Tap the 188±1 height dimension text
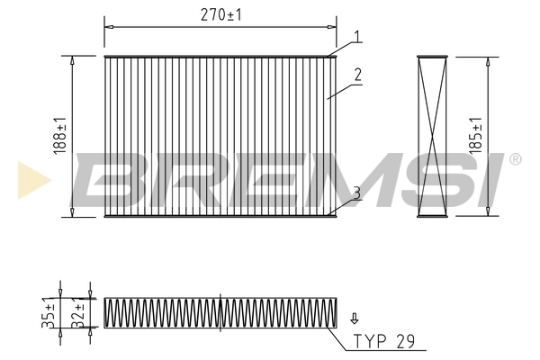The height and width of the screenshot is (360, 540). click(x=59, y=135)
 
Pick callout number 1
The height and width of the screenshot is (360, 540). click(x=357, y=37)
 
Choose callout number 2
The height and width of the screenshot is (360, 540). click(x=357, y=76)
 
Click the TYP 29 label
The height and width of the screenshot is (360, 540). click(x=384, y=341)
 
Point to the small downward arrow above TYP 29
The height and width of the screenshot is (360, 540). click(x=355, y=317)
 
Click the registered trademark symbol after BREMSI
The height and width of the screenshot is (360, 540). click(x=515, y=159)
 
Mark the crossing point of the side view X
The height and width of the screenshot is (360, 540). click(x=433, y=136)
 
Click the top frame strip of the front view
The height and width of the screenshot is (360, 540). click(x=220, y=58)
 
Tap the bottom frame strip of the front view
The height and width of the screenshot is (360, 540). click(x=220, y=216)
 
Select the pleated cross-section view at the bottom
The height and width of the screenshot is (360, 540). click(x=220, y=314)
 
